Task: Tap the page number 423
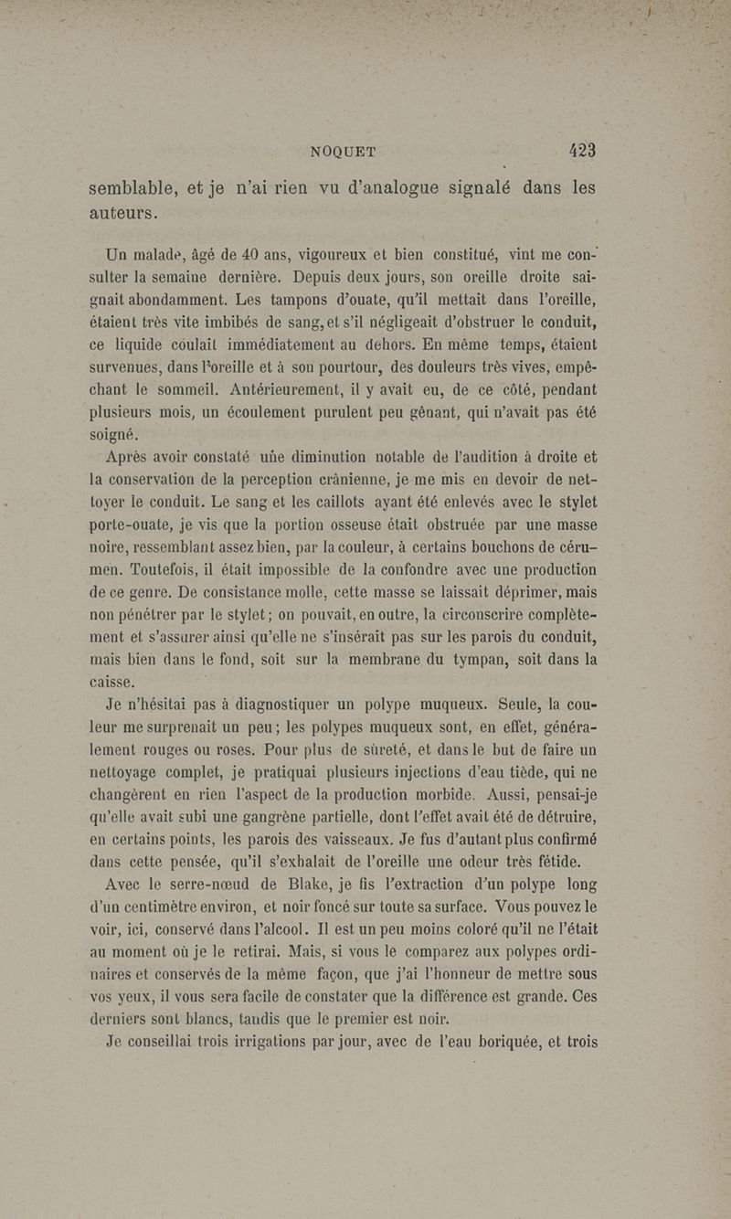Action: (x=580, y=151)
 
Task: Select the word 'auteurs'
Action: (x=123, y=216)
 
